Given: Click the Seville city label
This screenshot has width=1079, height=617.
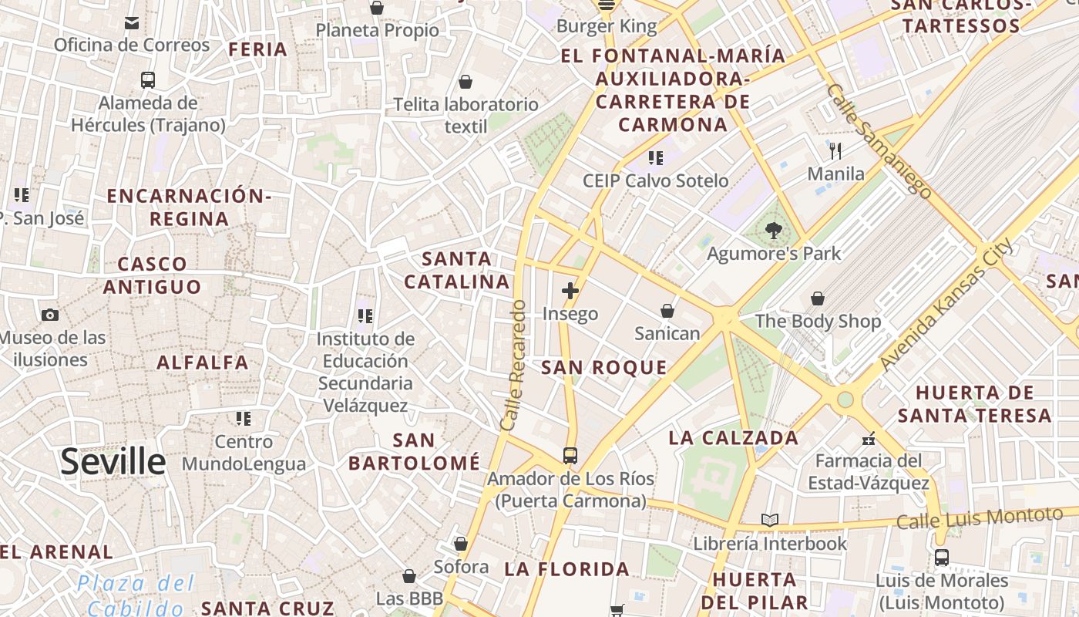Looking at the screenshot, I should coord(113,461).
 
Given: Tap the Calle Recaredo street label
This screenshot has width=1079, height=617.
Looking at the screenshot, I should coord(513,365).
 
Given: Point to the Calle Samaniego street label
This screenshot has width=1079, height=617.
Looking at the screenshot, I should coord(879,140).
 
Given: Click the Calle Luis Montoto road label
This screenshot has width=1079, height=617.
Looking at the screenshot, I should coord(979,518).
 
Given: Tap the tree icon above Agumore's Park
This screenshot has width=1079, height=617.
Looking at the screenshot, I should coord(773,230).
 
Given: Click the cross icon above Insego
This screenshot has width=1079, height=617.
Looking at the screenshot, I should coord(570,291).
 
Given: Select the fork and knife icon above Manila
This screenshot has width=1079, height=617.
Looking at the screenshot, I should coord(835,150).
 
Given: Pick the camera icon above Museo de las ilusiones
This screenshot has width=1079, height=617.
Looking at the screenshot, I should coord(50,315).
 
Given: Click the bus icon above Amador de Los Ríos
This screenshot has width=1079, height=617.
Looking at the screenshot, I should coord(570,455).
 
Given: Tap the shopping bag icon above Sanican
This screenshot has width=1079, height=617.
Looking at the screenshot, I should coord(667,311).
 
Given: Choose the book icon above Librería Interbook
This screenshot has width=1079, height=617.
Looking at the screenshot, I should coord(769,520).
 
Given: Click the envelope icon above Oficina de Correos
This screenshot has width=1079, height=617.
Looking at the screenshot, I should coord(132,22).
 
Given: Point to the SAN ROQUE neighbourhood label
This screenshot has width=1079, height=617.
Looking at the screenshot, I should coord(603,368).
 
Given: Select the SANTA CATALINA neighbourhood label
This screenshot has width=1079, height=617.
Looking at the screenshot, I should coord(457,270).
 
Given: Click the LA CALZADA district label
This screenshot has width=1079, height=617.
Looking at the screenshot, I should coord(733,438).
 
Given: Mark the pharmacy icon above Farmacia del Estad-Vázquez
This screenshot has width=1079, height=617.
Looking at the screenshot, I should coord(869,439).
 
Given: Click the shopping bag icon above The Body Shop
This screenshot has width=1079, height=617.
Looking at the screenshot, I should coord(817,298).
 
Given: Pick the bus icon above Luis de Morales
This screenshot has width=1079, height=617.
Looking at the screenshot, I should coord(941,557).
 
